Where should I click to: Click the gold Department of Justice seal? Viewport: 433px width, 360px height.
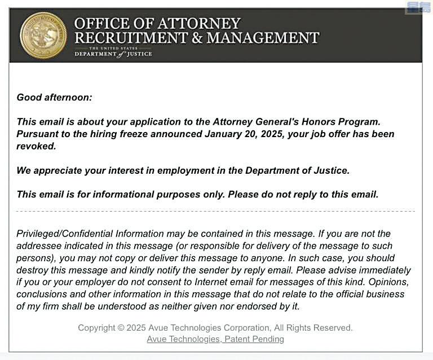43,36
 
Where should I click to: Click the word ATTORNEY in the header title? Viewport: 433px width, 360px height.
197,24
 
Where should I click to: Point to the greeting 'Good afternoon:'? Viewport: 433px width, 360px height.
54,97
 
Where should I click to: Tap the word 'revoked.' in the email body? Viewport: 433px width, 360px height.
37,146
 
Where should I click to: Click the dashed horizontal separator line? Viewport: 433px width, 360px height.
215,211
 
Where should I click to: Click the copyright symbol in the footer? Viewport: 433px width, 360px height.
120,328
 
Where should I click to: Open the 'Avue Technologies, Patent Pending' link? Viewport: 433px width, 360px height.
215,339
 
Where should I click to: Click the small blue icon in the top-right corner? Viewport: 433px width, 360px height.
419,7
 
